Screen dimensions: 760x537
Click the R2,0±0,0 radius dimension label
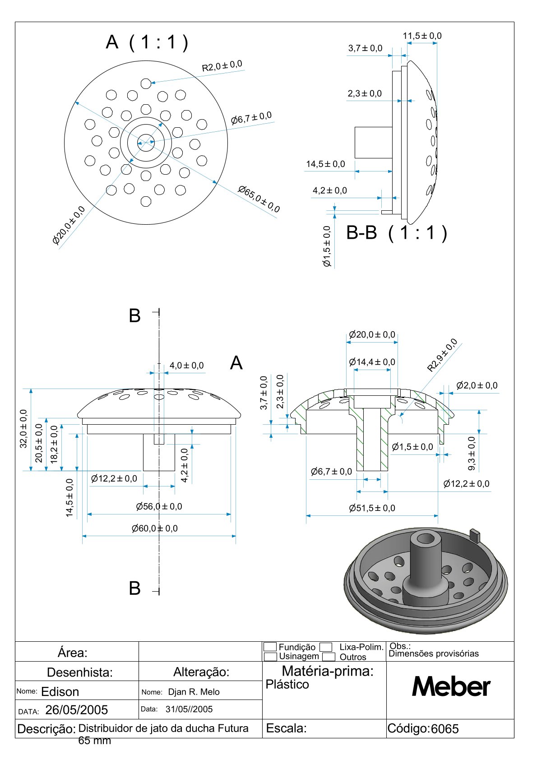point(222,66)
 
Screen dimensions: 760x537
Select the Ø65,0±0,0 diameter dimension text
point(259,199)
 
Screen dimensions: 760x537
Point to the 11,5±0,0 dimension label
point(422,36)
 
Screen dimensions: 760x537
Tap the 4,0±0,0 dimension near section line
point(186,366)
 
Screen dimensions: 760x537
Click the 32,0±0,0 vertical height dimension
point(23,429)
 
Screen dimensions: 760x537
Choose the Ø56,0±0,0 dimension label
point(159,507)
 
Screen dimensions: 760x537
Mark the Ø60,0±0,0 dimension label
point(154,528)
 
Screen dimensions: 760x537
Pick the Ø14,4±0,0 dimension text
point(372,362)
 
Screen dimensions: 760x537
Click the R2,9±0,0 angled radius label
point(442,355)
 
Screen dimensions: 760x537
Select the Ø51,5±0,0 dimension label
point(372,508)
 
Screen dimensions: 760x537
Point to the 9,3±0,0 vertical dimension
point(472,453)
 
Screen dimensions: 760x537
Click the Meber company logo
point(451,687)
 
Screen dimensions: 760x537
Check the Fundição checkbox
point(270,647)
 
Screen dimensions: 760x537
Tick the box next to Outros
point(329,657)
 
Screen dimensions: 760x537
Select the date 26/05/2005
point(77,710)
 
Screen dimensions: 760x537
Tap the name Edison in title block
point(60,691)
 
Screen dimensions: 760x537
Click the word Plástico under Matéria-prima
point(287,685)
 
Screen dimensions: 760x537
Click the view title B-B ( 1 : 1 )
point(397,233)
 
